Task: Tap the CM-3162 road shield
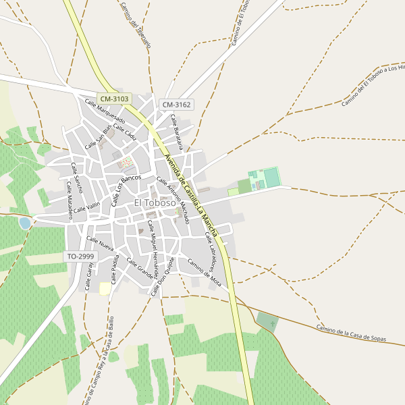[177, 105]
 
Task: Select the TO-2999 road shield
[80, 256]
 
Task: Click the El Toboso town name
[155, 202]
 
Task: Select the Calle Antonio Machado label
[173, 200]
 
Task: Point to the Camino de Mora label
[205, 271]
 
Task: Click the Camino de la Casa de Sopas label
[351, 333]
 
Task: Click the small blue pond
[25, 223]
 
